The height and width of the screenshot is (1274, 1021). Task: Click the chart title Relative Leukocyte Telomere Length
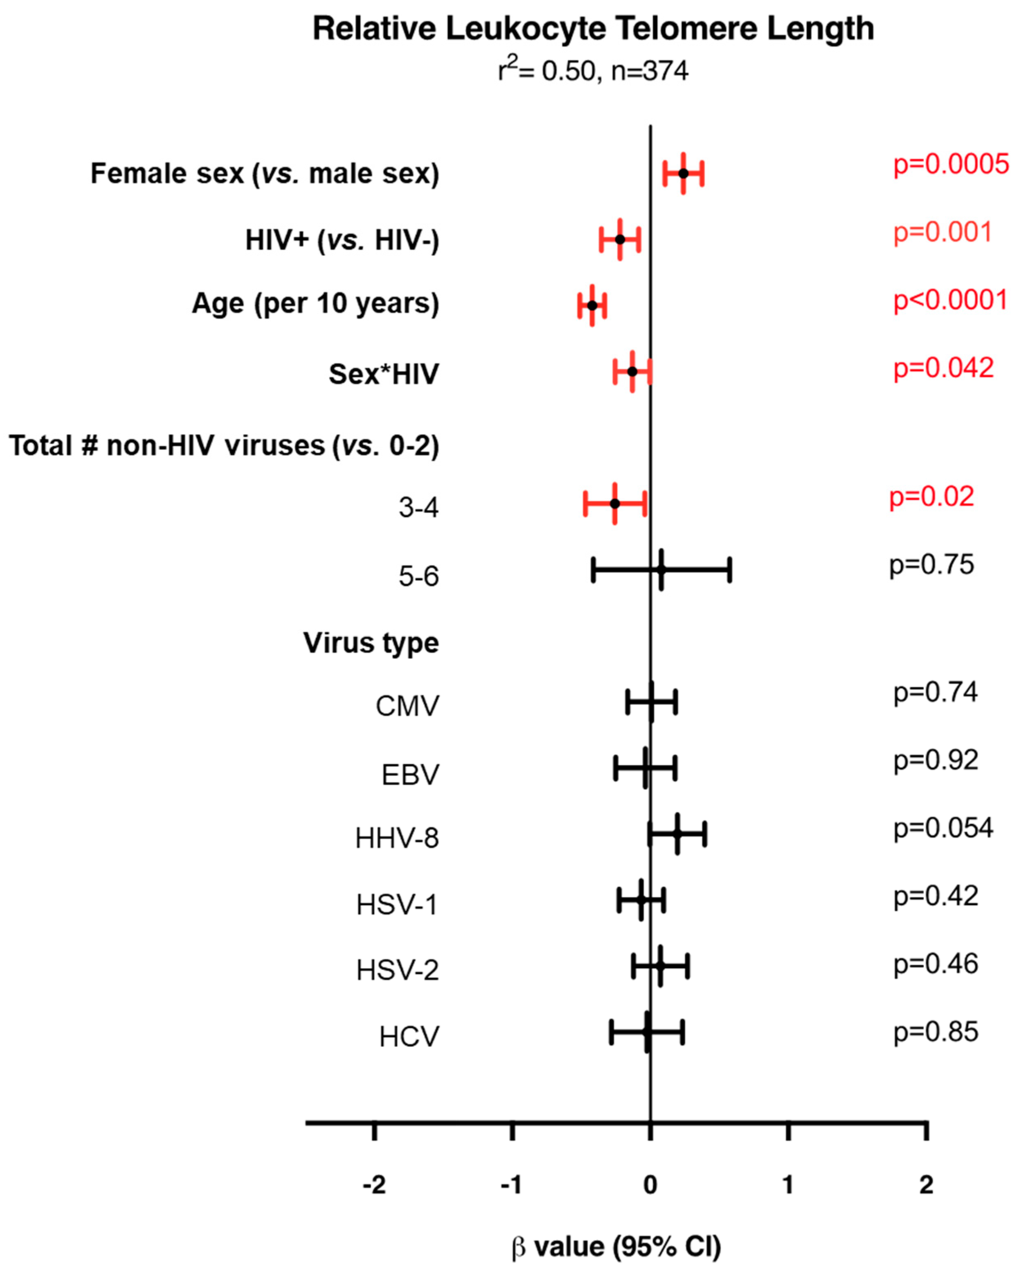tap(593, 29)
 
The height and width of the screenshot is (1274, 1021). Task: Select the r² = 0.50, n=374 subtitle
tap(593, 71)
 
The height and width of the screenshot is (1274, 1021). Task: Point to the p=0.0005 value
tap(951, 164)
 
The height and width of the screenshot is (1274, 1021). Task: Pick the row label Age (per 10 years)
tap(315, 304)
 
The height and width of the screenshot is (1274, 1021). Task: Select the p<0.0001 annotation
tap(950, 300)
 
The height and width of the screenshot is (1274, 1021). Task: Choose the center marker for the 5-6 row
tap(661, 569)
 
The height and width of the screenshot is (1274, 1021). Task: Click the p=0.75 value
tap(931, 565)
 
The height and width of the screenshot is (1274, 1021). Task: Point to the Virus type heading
tap(371, 643)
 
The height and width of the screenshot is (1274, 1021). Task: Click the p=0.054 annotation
tap(943, 829)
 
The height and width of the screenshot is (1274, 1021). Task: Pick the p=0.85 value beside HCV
tap(936, 1032)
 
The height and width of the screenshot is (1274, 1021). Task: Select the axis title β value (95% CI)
tap(616, 1246)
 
